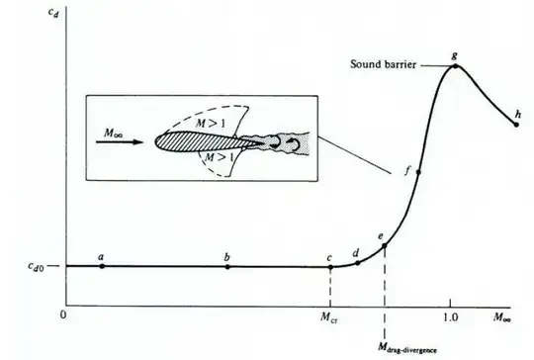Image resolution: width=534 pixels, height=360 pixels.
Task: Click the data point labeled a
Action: click(102, 266)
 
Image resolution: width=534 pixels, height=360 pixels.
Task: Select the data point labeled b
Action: click(227, 266)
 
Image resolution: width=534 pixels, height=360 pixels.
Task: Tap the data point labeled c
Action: click(329, 266)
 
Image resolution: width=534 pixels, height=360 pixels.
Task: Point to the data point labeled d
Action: click(357, 262)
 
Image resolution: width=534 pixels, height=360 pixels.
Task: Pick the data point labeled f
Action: click(419, 172)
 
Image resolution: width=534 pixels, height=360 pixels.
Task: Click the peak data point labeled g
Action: click(454, 65)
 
